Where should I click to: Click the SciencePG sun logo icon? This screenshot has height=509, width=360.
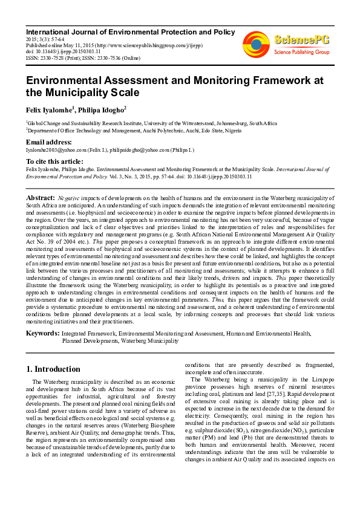tap(257, 44)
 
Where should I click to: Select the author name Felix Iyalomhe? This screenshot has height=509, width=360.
tap(49, 109)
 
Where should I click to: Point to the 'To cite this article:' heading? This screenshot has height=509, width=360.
tap(54, 161)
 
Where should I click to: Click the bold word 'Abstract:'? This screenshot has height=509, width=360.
tap(41, 198)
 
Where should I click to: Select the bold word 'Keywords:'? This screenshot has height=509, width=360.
tap(42, 333)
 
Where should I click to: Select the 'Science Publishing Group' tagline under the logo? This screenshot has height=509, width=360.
tap(301, 53)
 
